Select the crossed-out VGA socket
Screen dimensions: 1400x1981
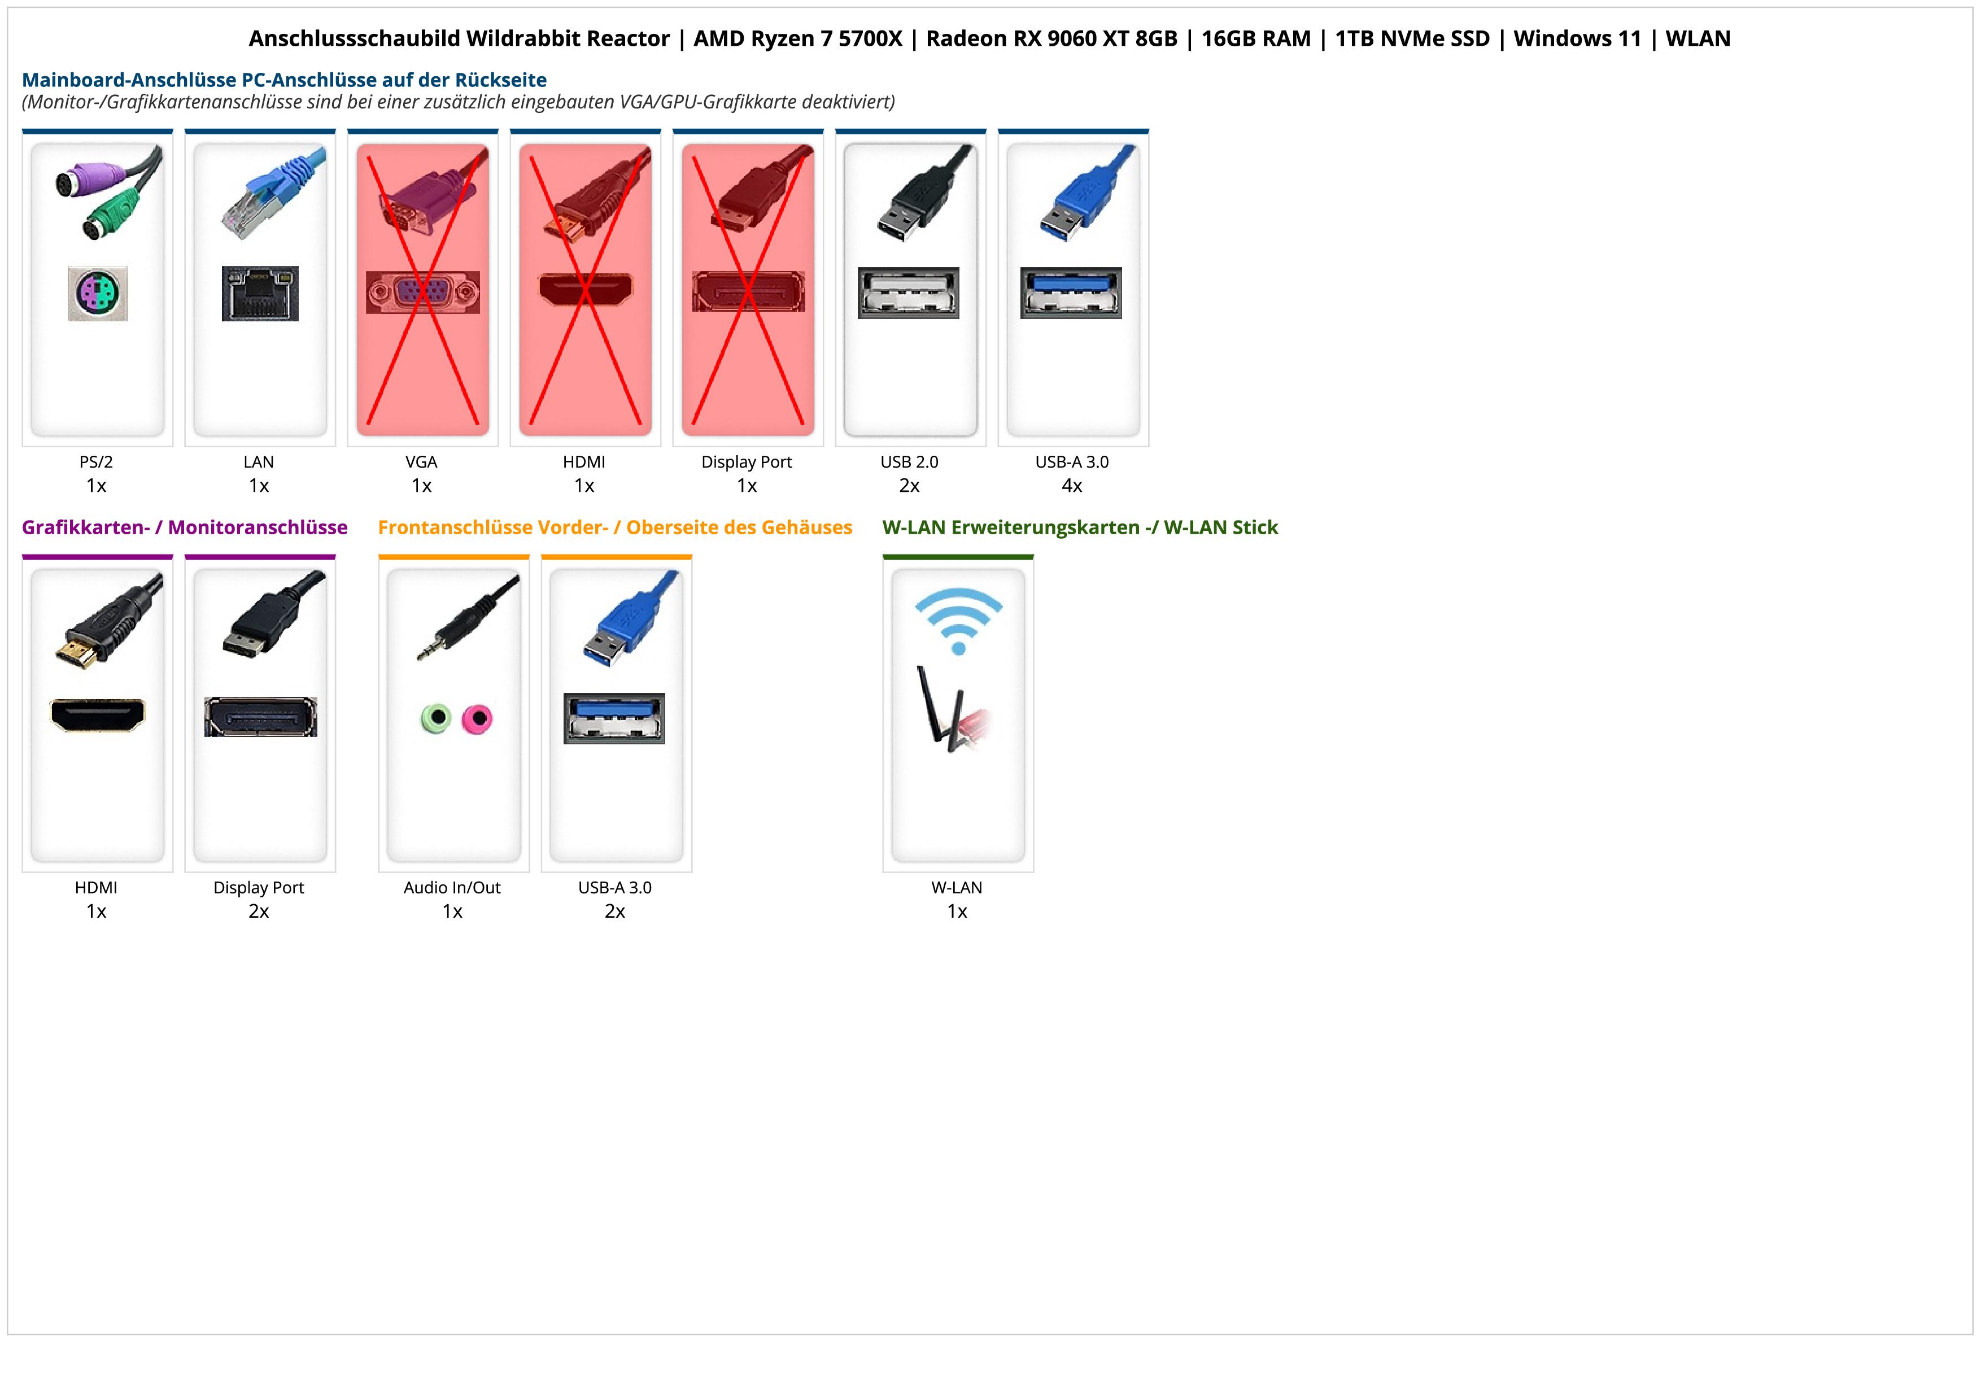422,293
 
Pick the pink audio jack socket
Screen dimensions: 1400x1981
477,718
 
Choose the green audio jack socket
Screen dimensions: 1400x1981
437,718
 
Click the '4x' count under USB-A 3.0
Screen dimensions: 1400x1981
1072,486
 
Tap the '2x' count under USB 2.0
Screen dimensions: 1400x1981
909,486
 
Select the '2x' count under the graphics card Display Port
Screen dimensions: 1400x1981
259,911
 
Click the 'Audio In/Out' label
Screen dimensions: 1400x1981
452,888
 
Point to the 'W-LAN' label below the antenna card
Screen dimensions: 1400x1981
957,888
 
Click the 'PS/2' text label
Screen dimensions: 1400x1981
96,461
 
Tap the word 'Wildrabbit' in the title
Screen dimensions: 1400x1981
568,39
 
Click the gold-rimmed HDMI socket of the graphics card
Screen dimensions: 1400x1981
98,715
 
